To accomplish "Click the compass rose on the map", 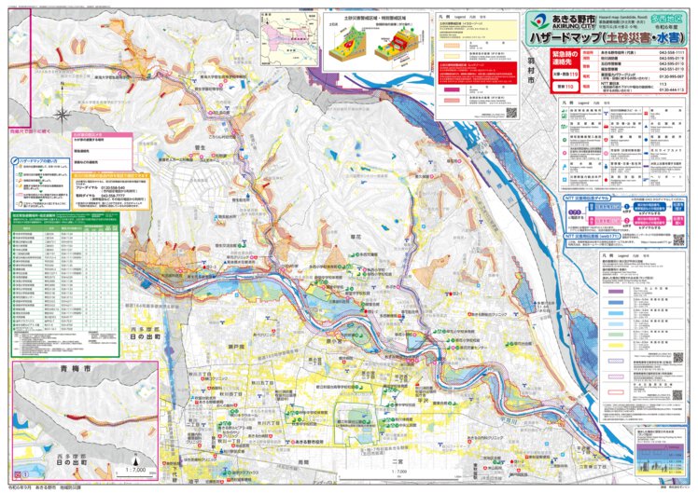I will pos(62,116).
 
